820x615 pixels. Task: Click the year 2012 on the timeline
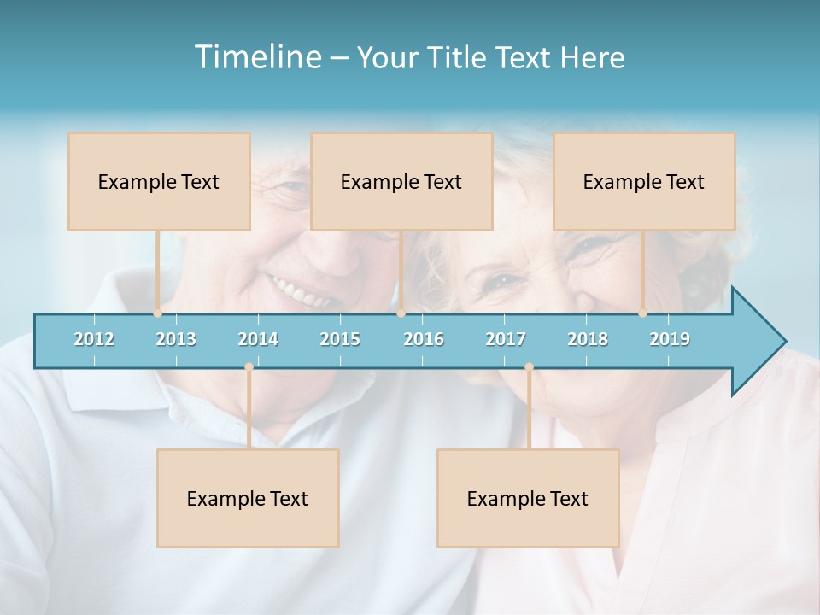coord(94,339)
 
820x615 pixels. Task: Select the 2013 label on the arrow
coord(176,339)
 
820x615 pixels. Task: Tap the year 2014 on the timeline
coord(258,339)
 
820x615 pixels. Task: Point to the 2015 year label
coord(340,339)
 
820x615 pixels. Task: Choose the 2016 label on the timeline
coord(424,339)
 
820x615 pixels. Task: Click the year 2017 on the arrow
coord(506,339)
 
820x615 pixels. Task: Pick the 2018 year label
coord(588,339)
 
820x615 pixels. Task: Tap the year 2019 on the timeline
coord(670,339)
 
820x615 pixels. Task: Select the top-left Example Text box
coord(159,182)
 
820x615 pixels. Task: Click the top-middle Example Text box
coord(401,182)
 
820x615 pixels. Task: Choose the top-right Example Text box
coord(644,182)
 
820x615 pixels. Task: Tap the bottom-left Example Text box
coord(248,499)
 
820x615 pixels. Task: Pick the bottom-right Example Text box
coord(528,499)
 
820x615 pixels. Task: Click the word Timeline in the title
coord(256,57)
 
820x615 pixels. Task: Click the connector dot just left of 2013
coord(158,313)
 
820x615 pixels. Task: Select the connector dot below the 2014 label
coord(249,367)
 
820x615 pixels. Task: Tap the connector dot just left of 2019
coord(643,313)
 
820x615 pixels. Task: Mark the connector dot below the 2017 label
coord(529,367)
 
